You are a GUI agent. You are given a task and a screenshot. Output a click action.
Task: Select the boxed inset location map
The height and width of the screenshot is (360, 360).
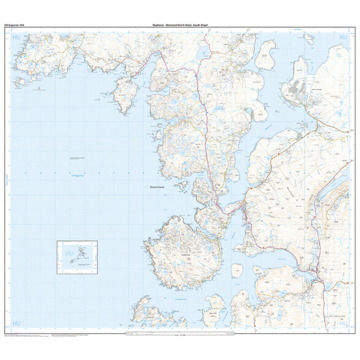[x=77, y=255]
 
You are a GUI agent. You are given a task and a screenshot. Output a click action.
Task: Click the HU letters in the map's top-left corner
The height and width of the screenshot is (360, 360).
[x=16, y=39]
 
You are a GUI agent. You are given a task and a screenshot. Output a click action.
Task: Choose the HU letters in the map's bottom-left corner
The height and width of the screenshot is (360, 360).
[x=16, y=323]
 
